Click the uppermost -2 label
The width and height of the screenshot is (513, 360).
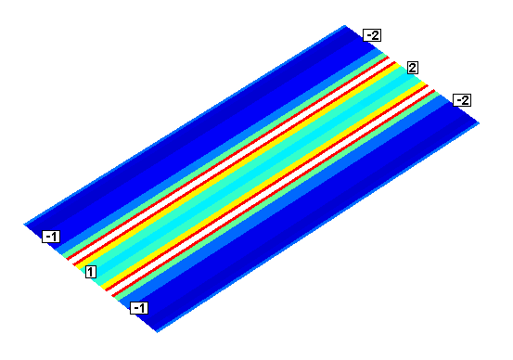point(372,35)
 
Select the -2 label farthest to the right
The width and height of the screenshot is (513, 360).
point(462,100)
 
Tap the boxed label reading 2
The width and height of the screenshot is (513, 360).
point(413,68)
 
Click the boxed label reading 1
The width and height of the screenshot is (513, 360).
point(91,272)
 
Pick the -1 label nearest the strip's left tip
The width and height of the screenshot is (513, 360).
point(51,237)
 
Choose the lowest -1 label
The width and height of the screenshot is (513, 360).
point(139,308)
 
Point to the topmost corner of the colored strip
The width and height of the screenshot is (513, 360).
point(345,25)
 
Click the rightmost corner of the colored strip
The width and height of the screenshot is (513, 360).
point(480,123)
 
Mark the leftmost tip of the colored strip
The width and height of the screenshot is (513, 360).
point(24,225)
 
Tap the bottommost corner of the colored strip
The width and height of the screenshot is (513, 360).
point(158,332)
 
